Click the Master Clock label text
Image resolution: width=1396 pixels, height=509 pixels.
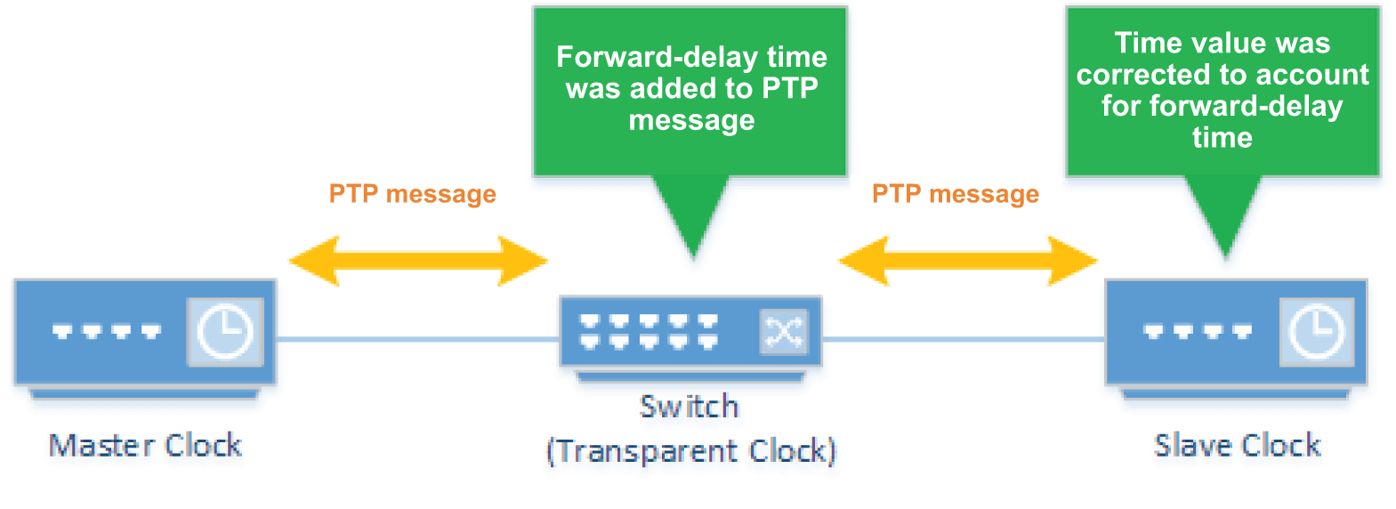[145, 445]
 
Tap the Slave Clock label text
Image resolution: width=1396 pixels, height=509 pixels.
[1237, 445]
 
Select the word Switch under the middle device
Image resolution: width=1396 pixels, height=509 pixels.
[690, 407]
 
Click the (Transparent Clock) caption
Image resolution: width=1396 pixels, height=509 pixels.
[691, 451]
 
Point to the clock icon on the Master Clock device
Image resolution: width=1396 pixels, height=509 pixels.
[224, 332]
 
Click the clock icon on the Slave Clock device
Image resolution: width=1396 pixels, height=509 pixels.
[1317, 332]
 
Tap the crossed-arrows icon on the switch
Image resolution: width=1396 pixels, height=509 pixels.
[783, 333]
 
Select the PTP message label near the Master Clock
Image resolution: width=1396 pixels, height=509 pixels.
[413, 194]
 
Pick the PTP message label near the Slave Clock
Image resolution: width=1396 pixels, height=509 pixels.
[956, 194]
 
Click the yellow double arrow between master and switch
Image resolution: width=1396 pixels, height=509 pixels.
[418, 261]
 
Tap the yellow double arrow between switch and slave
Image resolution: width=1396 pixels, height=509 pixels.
[968, 261]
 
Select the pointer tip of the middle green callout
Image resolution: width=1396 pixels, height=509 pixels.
[693, 255]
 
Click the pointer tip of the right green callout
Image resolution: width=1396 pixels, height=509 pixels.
[1226, 255]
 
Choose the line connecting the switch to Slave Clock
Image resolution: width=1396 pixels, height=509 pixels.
[963, 339]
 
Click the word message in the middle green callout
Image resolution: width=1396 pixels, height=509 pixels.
[691, 120]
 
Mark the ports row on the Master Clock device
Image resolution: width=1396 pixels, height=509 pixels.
[107, 332]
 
